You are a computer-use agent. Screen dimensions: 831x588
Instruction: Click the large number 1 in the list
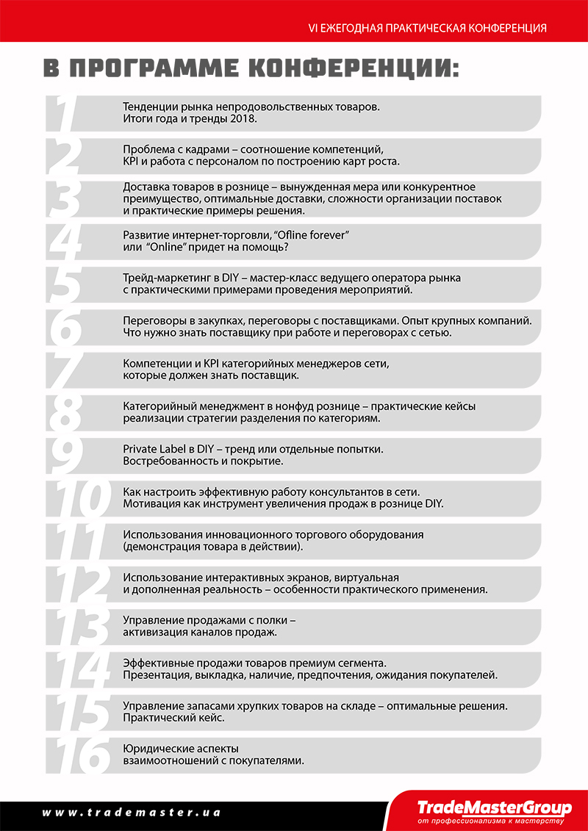[x=66, y=114]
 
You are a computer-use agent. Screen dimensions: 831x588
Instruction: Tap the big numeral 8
[x=67, y=412]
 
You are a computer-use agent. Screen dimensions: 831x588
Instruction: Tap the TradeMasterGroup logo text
[x=494, y=807]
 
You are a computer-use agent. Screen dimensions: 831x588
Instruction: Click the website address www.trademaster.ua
[x=131, y=813]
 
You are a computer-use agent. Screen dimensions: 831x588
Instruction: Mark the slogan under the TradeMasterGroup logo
[x=490, y=821]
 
